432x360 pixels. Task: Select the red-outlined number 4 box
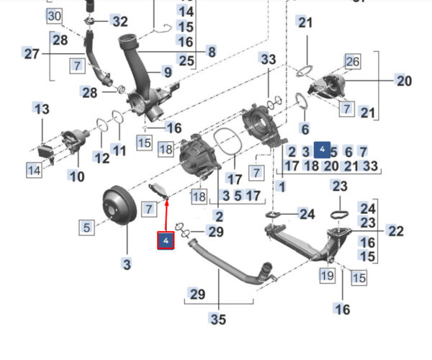166,240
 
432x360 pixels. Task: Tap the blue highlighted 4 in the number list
322,150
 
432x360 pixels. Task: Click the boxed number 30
54,16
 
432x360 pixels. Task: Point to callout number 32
120,22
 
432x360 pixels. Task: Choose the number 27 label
32,53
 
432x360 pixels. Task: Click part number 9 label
168,72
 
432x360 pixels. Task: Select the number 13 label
42,109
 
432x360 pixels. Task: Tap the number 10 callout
76,176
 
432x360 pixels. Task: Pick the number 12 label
102,158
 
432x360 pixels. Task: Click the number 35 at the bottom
218,319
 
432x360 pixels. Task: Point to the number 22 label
396,231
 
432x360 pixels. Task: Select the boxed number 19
328,275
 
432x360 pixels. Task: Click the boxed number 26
352,61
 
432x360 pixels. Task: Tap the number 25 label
186,60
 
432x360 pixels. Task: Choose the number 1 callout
282,186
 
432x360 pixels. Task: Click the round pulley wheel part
120,205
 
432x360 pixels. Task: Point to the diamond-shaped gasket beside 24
273,215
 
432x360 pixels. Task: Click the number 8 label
212,52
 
